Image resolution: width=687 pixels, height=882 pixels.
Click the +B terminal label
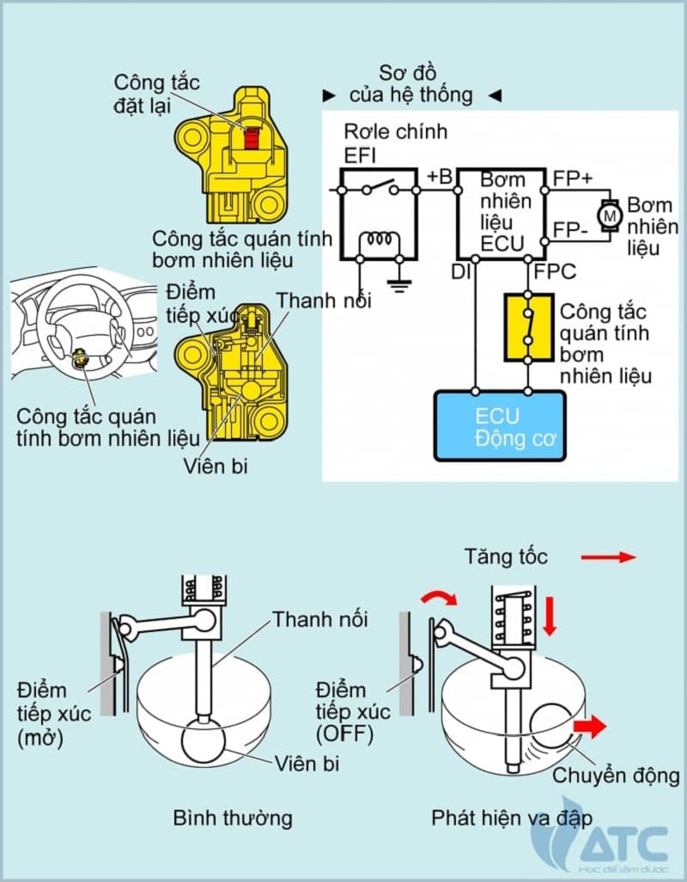click(438, 178)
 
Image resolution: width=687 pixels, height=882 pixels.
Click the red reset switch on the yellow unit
click(252, 137)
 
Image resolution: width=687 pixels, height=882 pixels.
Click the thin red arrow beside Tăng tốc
click(608, 557)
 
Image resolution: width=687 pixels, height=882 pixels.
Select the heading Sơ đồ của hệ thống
click(410, 82)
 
